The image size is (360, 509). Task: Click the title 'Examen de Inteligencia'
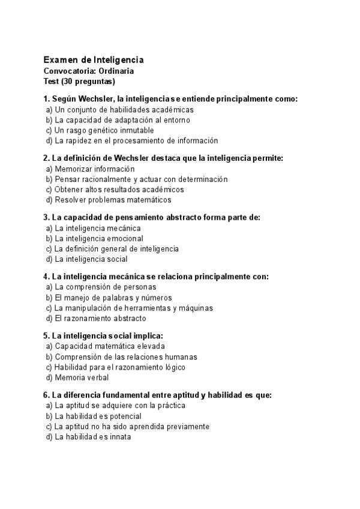(93, 60)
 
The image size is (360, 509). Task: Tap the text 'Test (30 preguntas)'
(79, 81)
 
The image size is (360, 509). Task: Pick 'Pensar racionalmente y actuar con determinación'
(136, 179)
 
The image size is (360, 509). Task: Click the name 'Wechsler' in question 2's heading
(118, 158)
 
